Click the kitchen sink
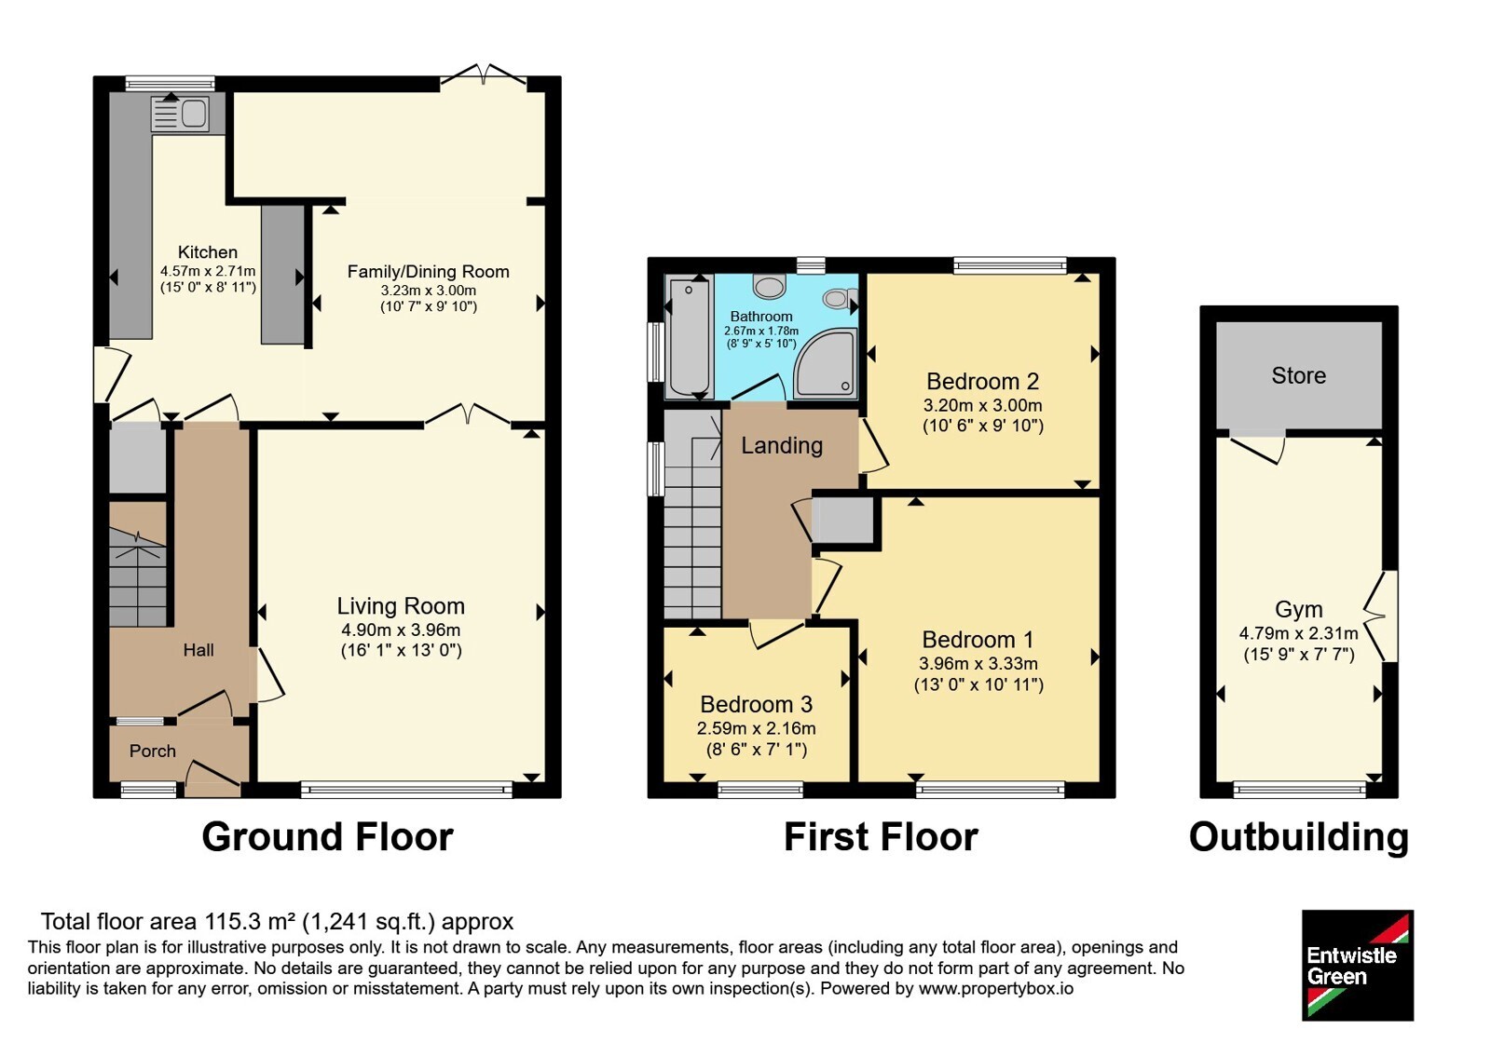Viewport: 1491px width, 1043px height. [x=181, y=114]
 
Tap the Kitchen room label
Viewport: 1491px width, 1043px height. [x=208, y=252]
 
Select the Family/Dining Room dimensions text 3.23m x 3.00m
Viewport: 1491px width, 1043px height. [x=429, y=290]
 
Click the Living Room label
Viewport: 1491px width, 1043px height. [x=401, y=606]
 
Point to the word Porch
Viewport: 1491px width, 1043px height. [x=153, y=751]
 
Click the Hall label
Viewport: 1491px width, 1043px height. [x=198, y=650]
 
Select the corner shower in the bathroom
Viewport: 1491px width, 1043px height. [x=824, y=362]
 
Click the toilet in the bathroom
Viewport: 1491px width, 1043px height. [x=840, y=298]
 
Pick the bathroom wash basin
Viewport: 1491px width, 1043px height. [x=769, y=287]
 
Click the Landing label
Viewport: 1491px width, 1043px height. [x=782, y=446]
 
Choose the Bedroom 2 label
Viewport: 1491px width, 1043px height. [x=982, y=381]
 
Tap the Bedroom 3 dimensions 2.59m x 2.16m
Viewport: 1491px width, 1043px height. [x=756, y=728]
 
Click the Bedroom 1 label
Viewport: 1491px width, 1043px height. [x=978, y=639]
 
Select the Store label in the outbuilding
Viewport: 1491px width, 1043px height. [x=1299, y=376]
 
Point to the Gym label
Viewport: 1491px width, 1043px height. [x=1299, y=609]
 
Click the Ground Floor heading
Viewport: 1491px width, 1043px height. [x=327, y=837]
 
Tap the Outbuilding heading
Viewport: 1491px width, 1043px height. [x=1299, y=837]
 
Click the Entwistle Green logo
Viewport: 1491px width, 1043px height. [x=1358, y=965]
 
